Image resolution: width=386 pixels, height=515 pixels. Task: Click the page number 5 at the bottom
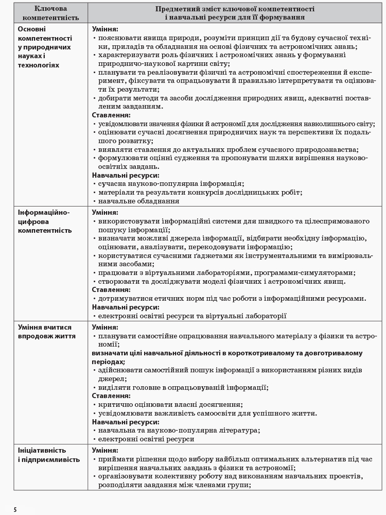15,509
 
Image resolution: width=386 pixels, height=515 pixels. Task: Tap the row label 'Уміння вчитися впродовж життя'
45,332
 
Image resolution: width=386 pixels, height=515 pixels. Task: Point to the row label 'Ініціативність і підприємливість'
48,455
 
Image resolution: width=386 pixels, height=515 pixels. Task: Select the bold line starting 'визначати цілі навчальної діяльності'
227,353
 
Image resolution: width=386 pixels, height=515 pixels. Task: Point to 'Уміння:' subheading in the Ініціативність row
105,451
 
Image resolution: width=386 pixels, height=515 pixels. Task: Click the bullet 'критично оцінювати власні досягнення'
170,404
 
